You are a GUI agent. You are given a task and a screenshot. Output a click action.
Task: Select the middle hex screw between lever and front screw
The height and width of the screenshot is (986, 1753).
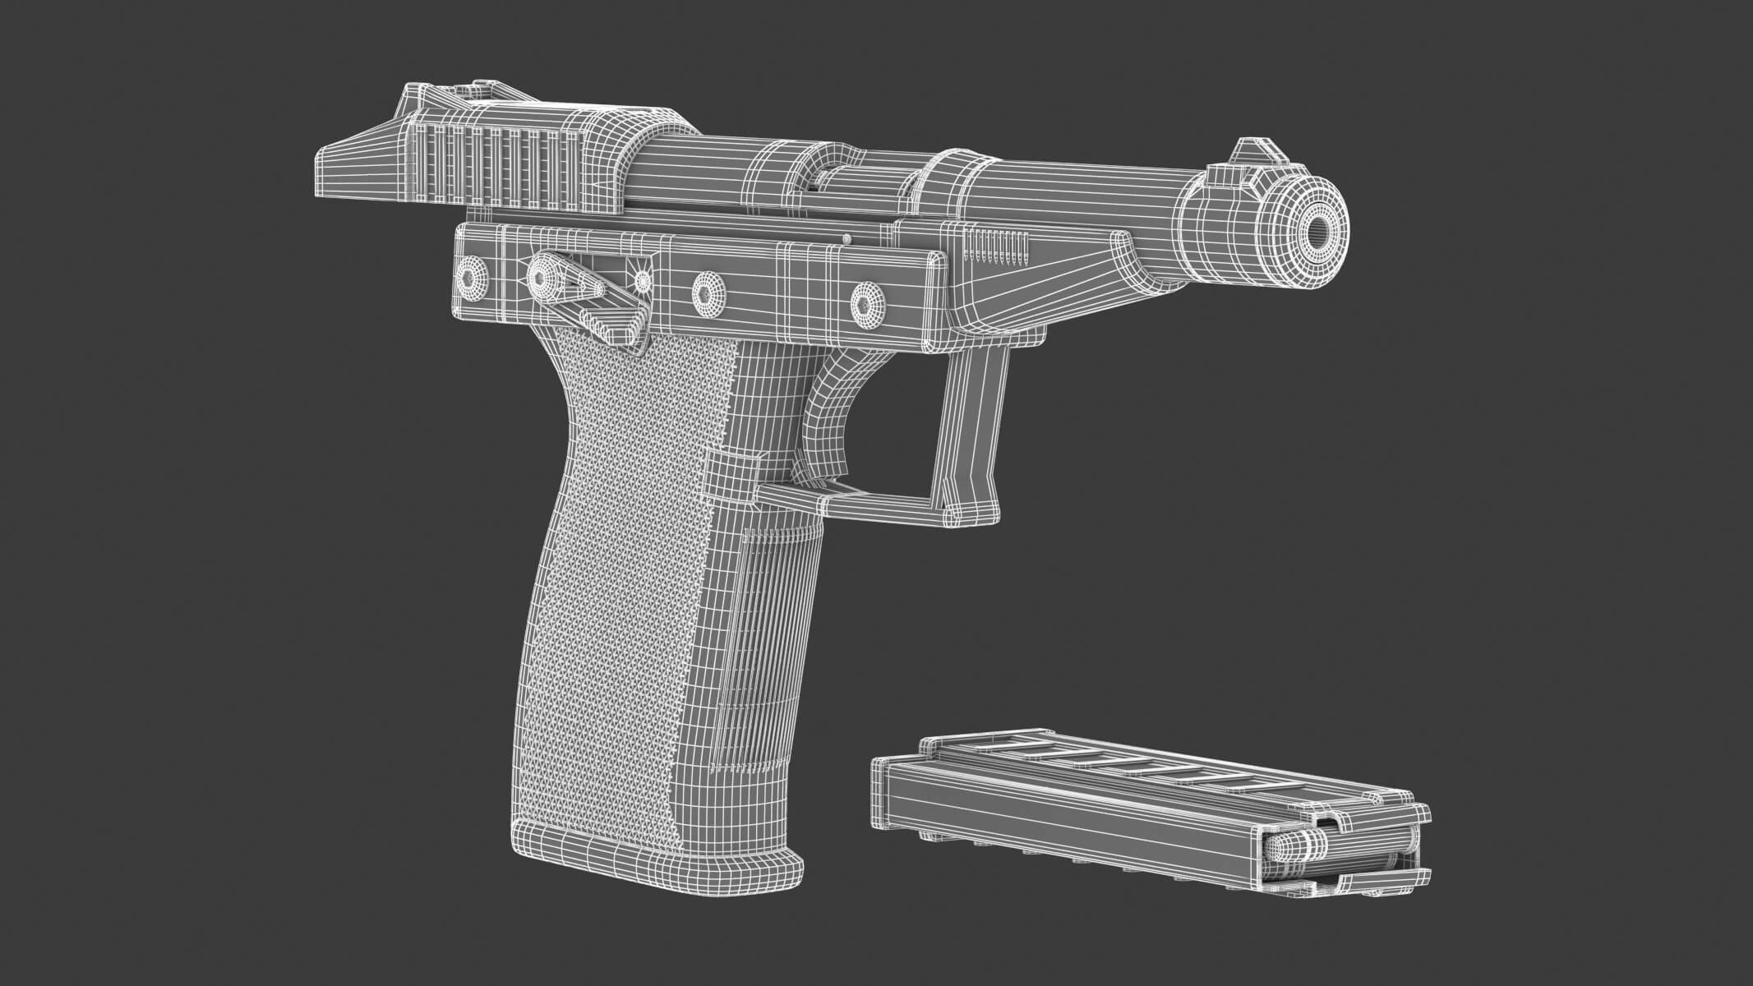click(707, 291)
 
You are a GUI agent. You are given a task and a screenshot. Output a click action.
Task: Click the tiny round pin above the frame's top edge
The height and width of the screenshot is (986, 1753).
click(847, 239)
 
